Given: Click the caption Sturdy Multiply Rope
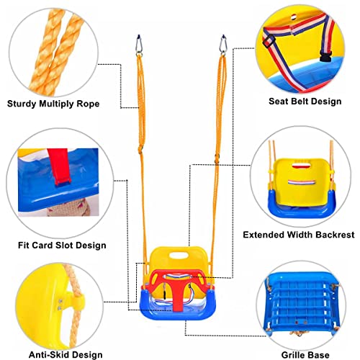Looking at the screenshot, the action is click(53, 104).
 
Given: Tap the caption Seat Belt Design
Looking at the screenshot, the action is click(305, 102).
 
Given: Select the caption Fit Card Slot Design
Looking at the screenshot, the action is click(62, 246).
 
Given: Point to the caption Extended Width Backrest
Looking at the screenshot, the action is click(299, 235).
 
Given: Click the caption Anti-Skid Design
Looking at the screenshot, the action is click(66, 355).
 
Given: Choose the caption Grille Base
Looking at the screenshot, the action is click(305, 355).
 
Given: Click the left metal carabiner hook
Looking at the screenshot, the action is click(139, 45).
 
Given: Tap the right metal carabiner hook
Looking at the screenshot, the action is click(223, 45).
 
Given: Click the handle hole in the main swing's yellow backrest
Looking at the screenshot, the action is click(179, 255).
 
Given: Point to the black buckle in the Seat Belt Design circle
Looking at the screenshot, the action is click(325, 56).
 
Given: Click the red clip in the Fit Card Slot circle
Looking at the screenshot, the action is click(59, 167).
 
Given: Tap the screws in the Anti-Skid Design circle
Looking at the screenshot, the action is click(60, 305).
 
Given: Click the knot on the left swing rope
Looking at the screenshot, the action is click(140, 150).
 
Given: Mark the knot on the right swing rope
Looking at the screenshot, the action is click(217, 158).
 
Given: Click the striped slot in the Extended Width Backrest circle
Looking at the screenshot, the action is click(302, 183).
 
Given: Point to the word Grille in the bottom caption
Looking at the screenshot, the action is click(292, 355).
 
